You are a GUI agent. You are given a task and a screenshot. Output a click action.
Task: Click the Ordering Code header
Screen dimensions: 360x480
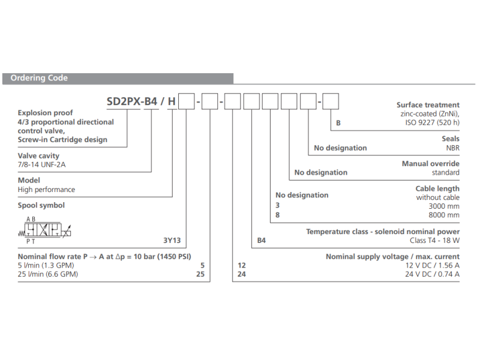point(39,78)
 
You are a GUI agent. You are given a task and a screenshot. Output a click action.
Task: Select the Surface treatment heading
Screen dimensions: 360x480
point(428,104)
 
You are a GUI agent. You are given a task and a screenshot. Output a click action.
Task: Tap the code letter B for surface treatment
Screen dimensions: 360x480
point(338,123)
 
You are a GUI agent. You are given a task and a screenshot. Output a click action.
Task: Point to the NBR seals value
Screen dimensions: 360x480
point(452,148)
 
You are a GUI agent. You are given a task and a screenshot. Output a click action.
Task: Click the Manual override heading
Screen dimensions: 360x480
point(430,163)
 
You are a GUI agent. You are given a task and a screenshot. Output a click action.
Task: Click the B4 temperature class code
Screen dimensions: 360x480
point(262,241)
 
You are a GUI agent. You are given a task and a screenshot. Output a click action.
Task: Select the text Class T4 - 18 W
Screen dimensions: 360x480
point(435,241)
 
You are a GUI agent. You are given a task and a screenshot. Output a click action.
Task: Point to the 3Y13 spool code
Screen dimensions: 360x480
point(172,241)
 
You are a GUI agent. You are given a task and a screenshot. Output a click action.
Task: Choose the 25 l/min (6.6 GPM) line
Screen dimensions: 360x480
point(48,275)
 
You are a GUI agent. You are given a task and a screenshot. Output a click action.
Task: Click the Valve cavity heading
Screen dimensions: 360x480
point(38,155)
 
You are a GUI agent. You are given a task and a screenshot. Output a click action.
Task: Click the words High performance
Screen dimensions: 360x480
point(46,190)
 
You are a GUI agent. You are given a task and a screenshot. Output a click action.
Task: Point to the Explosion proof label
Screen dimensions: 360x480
point(46,113)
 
